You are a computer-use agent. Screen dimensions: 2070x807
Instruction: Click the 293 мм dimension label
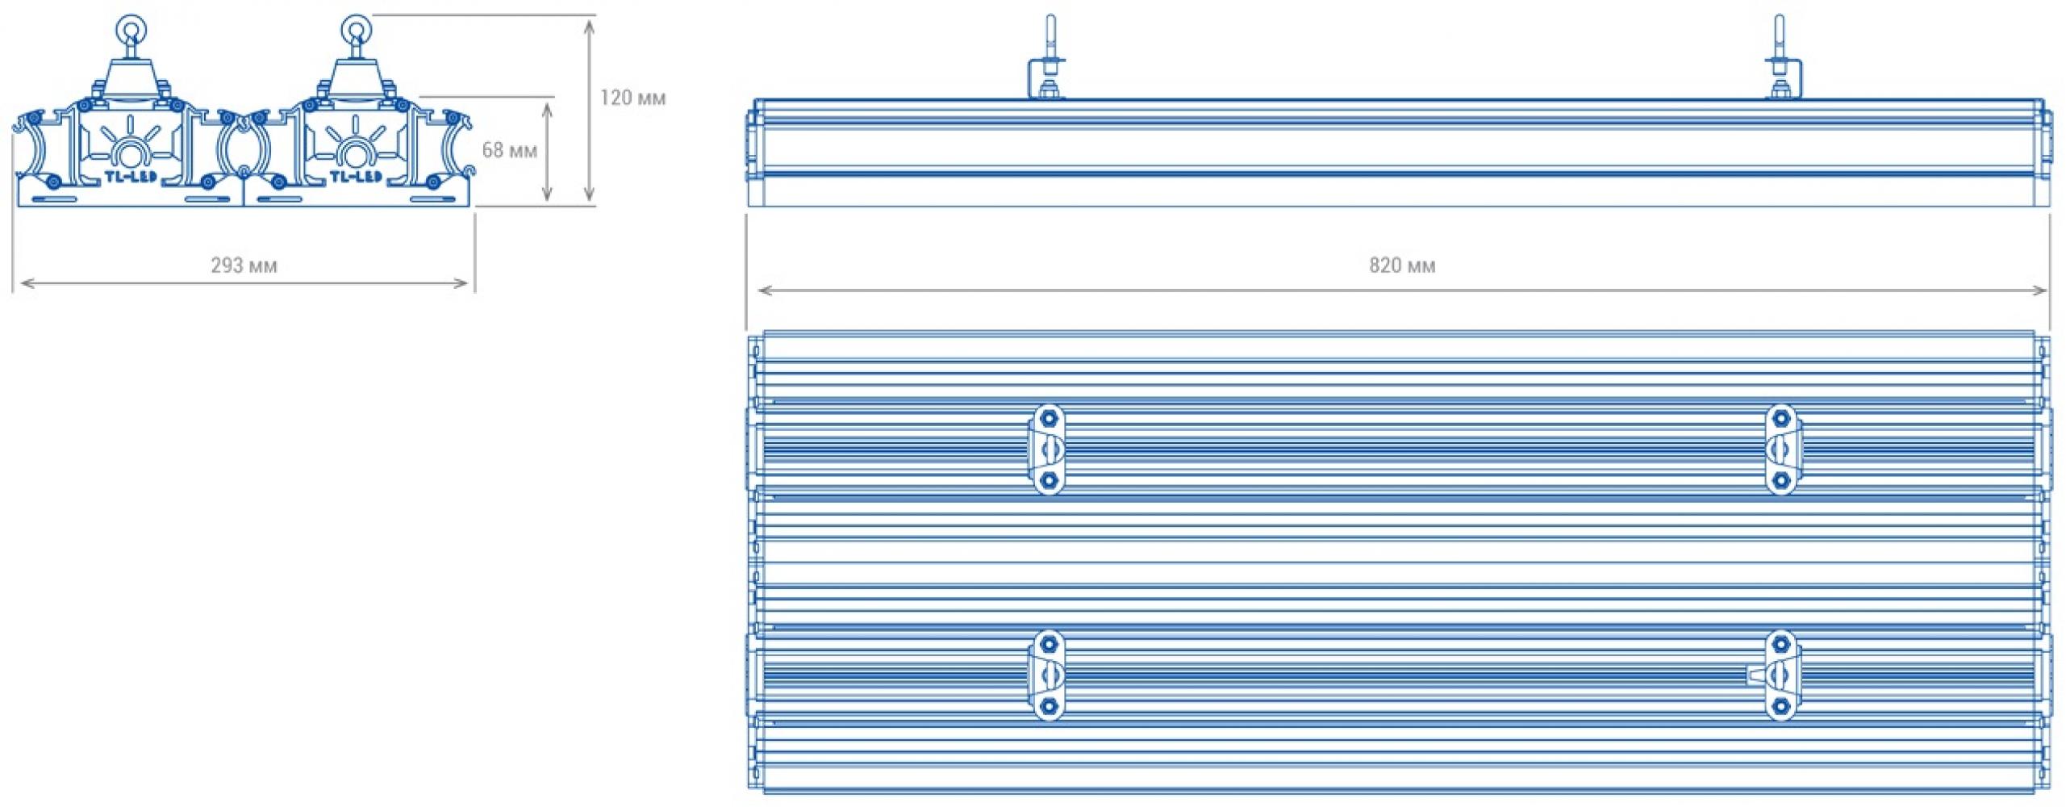coord(244,266)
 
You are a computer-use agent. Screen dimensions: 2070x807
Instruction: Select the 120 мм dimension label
coord(632,98)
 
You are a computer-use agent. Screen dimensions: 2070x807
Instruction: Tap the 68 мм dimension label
coord(509,150)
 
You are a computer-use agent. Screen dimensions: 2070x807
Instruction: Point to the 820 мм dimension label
coord(1402,266)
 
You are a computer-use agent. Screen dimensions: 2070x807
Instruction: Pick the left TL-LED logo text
coord(131,176)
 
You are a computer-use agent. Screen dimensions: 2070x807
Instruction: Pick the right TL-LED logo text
coord(356,176)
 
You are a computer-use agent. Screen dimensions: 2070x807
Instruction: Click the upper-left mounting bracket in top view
coord(1047,449)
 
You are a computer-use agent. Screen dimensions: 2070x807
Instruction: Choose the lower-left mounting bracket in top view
coord(1047,675)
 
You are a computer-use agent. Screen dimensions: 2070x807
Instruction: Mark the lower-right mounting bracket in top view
coord(1780,675)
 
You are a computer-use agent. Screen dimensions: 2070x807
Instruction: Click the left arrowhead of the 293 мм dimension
coord(26,282)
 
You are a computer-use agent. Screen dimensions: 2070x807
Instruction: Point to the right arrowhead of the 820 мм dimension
coord(2040,291)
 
